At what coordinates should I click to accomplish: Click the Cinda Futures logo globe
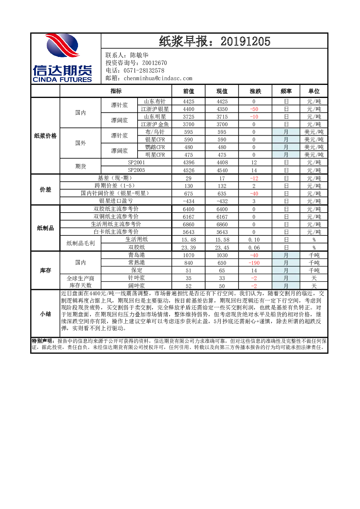[62, 45]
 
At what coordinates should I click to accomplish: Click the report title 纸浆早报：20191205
[214, 41]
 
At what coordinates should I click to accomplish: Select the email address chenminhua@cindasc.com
[158, 78]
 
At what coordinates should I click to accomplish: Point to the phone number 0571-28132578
[144, 70]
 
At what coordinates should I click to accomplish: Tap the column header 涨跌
[255, 91]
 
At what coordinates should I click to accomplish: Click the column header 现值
[222, 91]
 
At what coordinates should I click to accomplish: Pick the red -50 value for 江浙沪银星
[254, 109]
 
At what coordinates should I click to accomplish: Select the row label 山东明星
[155, 116]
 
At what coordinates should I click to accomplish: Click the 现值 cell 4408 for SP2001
[222, 163]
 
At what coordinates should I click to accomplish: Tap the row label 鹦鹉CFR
[155, 147]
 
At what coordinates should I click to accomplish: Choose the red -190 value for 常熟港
[254, 263]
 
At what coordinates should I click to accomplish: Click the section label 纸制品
[45, 228]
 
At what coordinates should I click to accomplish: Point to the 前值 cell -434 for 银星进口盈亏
[188, 201]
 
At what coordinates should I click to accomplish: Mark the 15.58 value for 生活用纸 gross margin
[222, 240]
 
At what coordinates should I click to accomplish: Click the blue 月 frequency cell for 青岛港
[286, 255]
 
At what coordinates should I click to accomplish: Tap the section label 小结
[45, 314]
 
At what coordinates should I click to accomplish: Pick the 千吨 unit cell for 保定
[314, 270]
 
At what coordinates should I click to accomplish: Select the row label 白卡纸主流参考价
[116, 231]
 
